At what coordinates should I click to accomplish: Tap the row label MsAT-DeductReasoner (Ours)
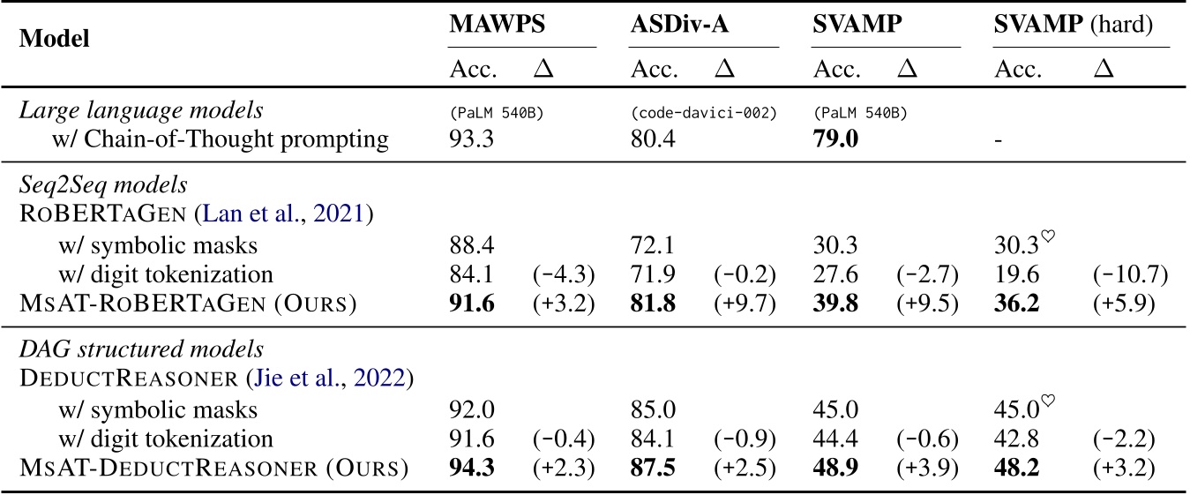pos(213,468)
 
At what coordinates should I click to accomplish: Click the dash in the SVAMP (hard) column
pos(999,139)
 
